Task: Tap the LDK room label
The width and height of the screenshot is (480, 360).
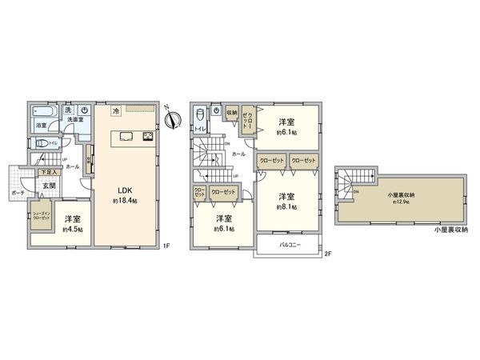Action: click(126, 190)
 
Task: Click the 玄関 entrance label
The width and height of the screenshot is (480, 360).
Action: click(49, 186)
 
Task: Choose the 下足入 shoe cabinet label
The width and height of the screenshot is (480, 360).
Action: click(46, 172)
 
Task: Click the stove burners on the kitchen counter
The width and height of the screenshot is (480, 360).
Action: click(148, 137)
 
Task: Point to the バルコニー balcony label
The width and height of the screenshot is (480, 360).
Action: click(290, 245)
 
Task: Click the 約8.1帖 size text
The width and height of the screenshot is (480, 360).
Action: click(287, 206)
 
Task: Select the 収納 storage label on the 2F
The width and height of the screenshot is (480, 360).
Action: click(232, 113)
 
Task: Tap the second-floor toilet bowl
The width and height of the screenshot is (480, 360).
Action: click(201, 116)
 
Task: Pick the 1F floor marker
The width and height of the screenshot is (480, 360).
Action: click(166, 245)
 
